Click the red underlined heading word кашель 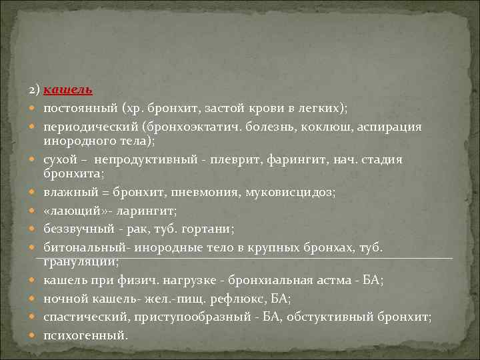point(69,89)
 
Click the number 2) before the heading point(35,89)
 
